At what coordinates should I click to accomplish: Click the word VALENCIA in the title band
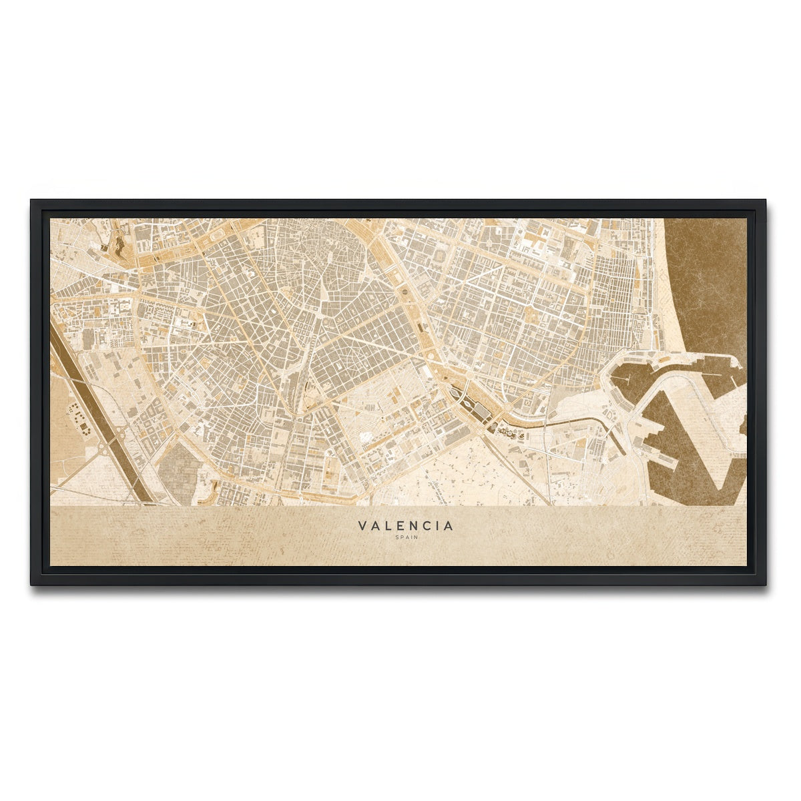pos(405,526)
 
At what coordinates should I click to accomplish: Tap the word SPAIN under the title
pos(405,538)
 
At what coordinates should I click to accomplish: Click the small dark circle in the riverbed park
pos(405,292)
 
